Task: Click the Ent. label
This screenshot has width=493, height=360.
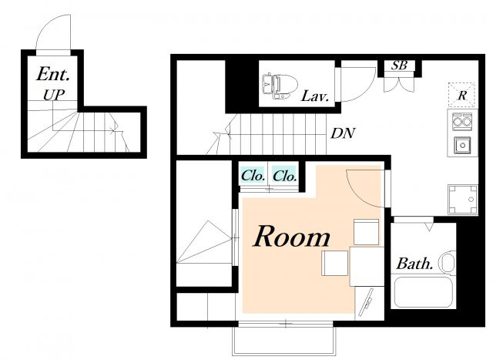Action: point(53,74)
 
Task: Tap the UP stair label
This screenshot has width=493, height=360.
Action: point(54,95)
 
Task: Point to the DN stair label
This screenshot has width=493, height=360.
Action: point(343,133)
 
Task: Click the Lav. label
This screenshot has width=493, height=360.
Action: point(315,96)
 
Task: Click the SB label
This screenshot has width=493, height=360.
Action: point(399,66)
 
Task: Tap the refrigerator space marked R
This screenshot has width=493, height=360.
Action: point(461,95)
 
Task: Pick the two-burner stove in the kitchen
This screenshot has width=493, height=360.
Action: point(462,120)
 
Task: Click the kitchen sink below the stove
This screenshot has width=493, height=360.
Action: point(462,145)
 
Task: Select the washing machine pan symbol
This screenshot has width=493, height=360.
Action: point(463,200)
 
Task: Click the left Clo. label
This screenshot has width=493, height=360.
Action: point(253,176)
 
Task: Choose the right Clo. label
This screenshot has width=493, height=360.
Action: point(284,176)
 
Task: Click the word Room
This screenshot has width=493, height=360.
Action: point(292,236)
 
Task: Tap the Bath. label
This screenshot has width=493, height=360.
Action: point(414,264)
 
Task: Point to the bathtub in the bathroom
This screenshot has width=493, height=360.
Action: point(423,291)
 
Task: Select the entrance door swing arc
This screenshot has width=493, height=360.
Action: point(46,25)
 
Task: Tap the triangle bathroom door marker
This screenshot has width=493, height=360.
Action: point(428,227)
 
